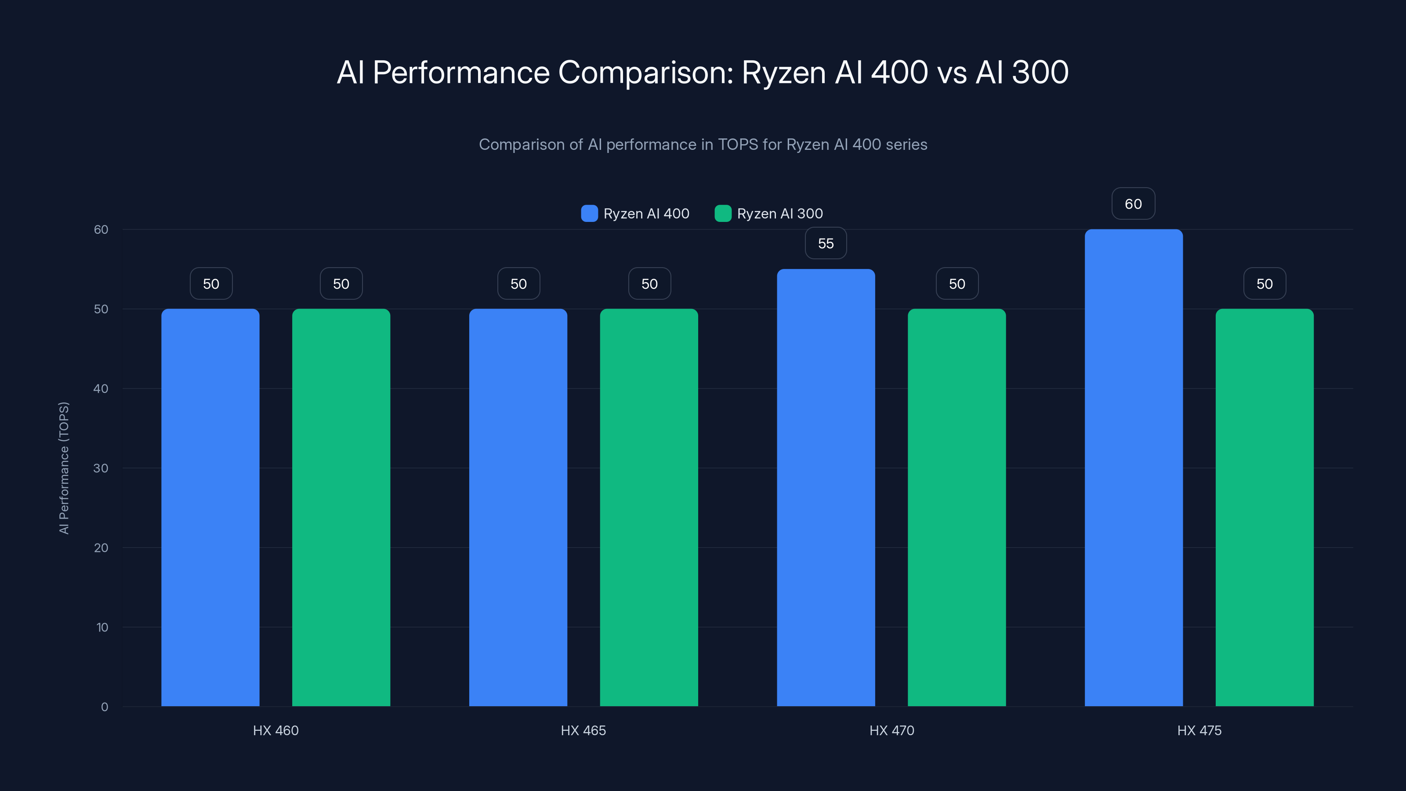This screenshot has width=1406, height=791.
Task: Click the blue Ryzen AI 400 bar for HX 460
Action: pos(210,508)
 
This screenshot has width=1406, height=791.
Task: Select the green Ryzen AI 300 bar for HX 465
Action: pos(649,508)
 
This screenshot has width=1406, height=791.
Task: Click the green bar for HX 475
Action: pos(1265,508)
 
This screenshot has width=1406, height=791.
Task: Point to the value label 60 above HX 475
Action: pos(1133,204)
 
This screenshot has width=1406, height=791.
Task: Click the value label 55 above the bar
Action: pos(826,243)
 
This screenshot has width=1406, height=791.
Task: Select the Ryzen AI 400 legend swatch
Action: pos(590,214)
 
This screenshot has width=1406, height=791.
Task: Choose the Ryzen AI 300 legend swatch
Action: pos(723,214)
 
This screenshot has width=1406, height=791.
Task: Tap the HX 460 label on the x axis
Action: pos(275,730)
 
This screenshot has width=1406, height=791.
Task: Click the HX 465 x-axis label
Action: pos(583,730)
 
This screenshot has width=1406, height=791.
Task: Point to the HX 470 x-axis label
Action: pos(891,730)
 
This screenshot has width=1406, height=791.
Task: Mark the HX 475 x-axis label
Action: pos(1199,730)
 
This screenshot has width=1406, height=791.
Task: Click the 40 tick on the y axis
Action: pos(101,388)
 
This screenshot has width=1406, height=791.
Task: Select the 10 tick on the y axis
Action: pos(102,627)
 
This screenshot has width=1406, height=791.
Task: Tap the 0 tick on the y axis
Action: pos(104,707)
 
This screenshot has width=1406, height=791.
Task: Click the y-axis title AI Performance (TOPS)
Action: pos(64,468)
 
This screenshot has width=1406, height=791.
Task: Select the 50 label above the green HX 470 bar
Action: pos(957,284)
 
